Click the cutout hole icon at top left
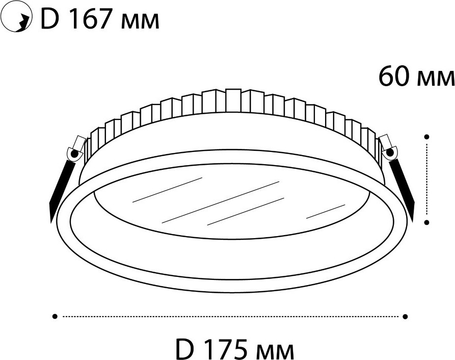pyautogui.click(x=17, y=19)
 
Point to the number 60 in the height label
pyautogui.click(x=394, y=76)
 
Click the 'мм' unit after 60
pyautogui.click(x=436, y=79)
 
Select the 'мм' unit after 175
pyautogui.click(x=275, y=351)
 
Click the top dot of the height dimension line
pyautogui.click(x=426, y=137)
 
